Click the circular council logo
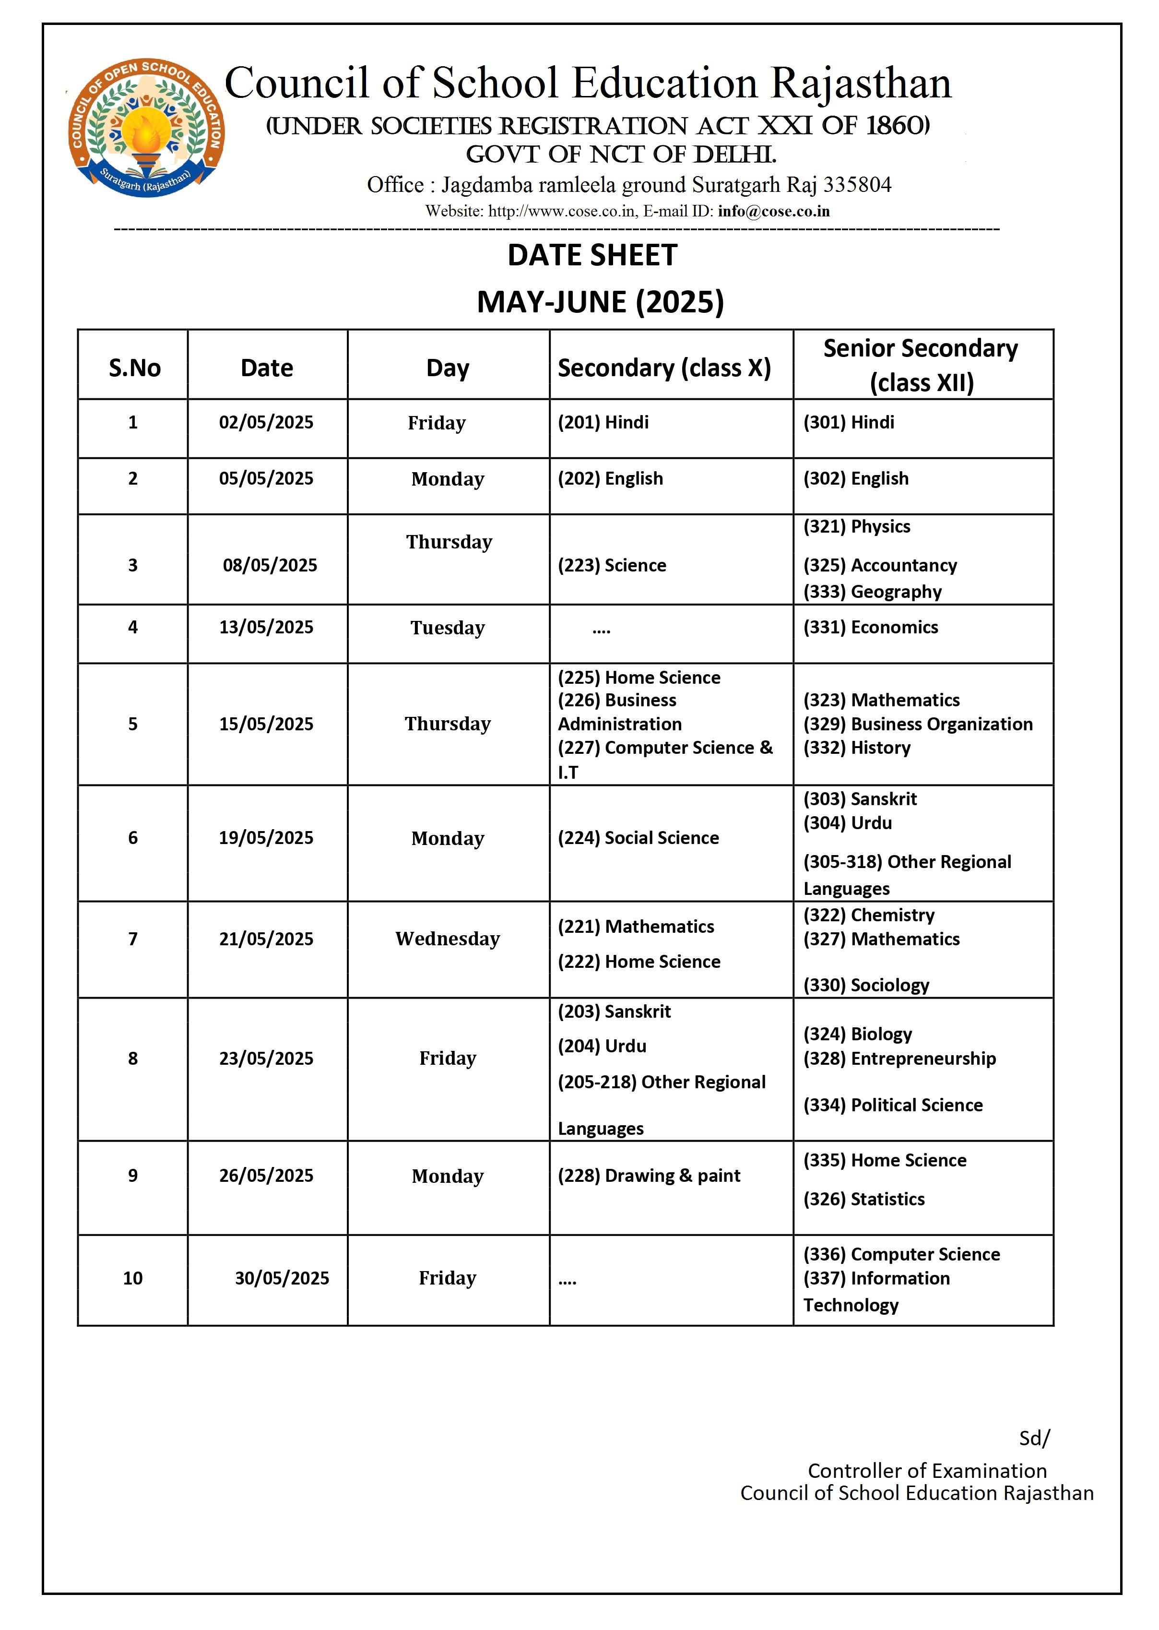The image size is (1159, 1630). [x=146, y=128]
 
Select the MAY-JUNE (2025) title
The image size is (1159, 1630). [x=600, y=302]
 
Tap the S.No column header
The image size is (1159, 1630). [x=134, y=368]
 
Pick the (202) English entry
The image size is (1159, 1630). [x=610, y=479]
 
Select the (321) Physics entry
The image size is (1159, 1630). [x=856, y=527]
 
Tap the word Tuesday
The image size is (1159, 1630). [x=448, y=628]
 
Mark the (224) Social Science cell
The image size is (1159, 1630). [x=638, y=838]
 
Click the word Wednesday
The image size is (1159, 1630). [x=448, y=939]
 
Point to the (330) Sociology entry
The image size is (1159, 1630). [x=866, y=986]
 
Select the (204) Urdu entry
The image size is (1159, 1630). [x=602, y=1046]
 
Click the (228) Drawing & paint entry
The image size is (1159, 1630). [x=649, y=1176]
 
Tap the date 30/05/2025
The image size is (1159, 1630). [x=282, y=1278]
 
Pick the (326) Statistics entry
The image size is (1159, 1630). [x=863, y=1200]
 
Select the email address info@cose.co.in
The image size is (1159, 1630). [x=774, y=211]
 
